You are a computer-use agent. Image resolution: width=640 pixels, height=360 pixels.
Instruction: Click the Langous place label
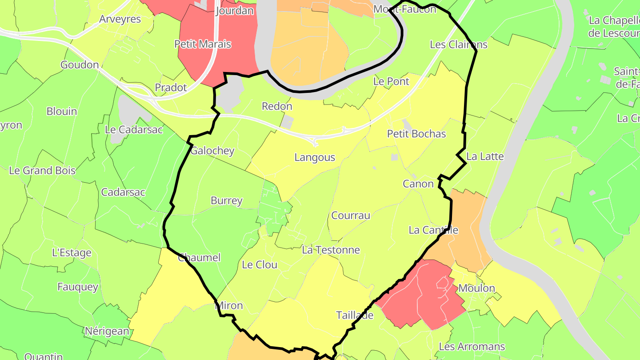click(315, 157)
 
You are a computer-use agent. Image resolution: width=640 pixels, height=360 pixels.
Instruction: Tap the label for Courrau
click(351, 216)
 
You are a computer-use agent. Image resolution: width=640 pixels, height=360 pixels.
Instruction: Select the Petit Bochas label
click(416, 134)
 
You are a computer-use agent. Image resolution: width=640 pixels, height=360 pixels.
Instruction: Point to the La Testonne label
click(331, 250)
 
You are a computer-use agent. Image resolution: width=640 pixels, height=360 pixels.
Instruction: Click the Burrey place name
click(227, 200)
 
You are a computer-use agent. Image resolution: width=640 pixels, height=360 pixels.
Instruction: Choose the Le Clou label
click(260, 265)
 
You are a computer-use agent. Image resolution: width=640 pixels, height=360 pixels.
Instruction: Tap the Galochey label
click(212, 151)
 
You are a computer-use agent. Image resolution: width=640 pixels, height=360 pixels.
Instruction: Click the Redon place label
click(277, 106)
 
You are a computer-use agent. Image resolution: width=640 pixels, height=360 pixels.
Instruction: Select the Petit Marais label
click(203, 44)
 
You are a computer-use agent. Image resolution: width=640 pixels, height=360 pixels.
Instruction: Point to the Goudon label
click(80, 65)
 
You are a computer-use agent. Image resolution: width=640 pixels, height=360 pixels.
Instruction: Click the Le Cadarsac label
click(134, 130)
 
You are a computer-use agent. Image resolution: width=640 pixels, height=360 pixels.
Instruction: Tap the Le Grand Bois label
click(42, 171)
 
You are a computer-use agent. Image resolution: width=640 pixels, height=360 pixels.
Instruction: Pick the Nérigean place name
click(107, 331)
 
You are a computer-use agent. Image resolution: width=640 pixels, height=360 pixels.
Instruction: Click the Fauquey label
click(78, 287)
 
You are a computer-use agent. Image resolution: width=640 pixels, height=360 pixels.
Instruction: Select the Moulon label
click(476, 288)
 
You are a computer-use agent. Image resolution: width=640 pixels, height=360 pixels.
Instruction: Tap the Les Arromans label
click(472, 347)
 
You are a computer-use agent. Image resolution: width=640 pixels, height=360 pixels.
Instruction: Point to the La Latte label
click(485, 156)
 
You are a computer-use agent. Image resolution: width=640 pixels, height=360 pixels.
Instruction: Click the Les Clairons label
click(459, 44)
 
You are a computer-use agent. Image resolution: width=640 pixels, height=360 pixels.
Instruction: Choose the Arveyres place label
click(120, 19)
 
